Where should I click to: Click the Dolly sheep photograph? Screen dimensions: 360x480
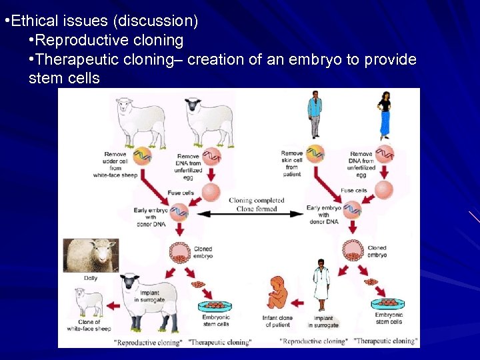click(x=91, y=255)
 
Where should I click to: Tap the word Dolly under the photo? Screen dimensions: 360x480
click(x=91, y=278)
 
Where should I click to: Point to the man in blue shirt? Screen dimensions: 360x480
click(x=314, y=115)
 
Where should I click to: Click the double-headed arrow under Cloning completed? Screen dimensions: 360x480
click(x=247, y=213)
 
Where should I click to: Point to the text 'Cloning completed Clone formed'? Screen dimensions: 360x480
click(x=256, y=203)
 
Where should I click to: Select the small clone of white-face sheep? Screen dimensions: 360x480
click(x=89, y=303)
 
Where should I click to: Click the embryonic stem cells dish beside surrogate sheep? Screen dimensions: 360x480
click(x=215, y=307)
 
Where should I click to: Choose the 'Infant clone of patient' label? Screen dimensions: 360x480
click(x=277, y=321)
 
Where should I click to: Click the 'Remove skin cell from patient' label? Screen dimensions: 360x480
click(x=291, y=164)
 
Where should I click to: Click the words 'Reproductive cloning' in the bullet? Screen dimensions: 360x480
click(x=110, y=40)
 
